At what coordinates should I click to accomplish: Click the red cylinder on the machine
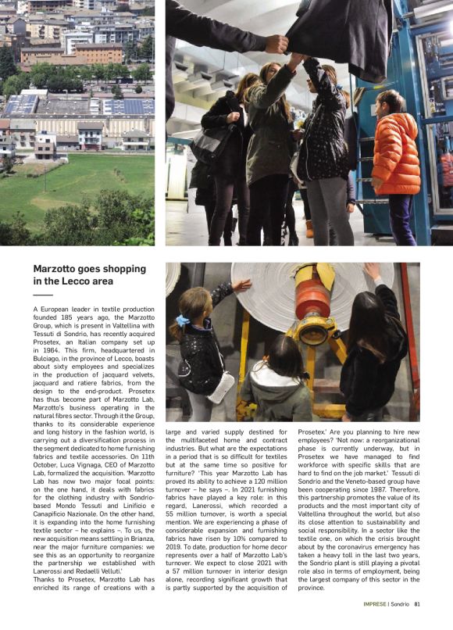coord(312,300)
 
